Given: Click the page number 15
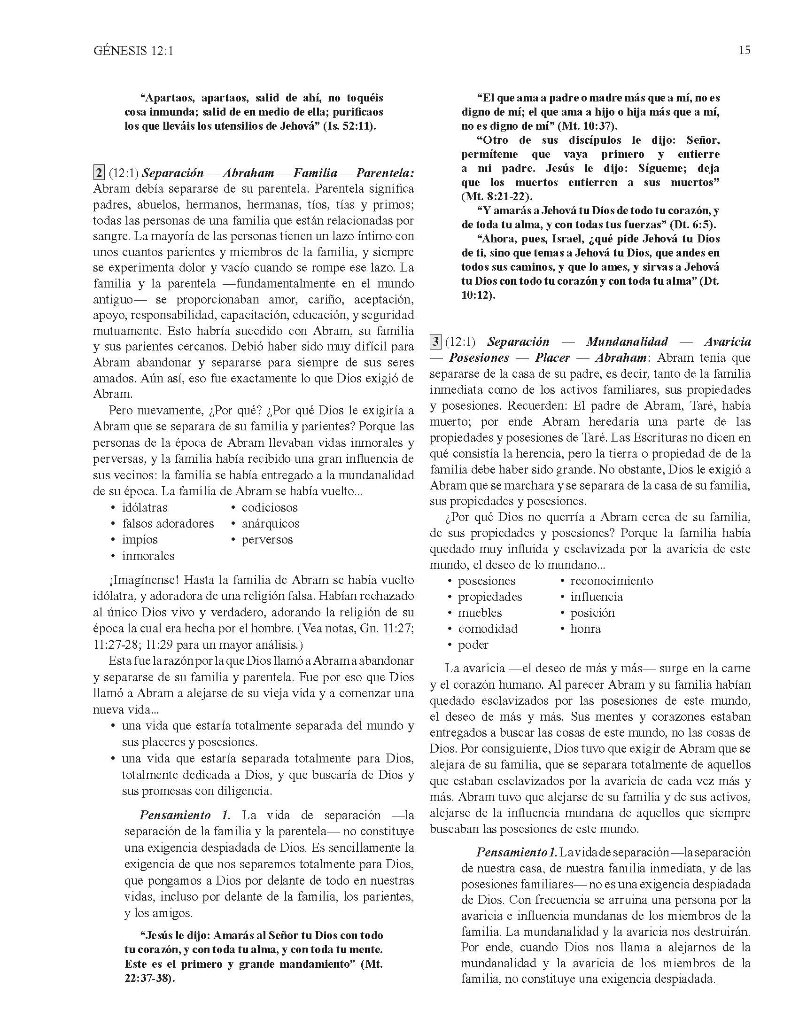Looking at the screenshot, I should point(744,50).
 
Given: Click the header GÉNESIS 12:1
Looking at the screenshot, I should point(133,51).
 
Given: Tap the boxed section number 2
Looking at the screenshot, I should point(99,173).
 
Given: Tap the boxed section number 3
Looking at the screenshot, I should point(435,342).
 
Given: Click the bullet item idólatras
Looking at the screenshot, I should point(144,508).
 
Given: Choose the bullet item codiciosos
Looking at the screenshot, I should point(269,508).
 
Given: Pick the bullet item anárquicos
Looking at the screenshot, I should point(270,524).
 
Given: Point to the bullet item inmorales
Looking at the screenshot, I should point(148,556).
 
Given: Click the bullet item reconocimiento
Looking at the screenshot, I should point(611,581).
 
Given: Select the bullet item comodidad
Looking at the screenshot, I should point(488,629).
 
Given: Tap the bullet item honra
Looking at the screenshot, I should point(586,629).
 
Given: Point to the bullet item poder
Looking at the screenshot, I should point(473,645).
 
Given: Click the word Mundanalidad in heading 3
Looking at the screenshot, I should point(627,342).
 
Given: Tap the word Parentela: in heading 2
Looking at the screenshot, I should point(385,173).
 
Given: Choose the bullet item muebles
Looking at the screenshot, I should point(480,613).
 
